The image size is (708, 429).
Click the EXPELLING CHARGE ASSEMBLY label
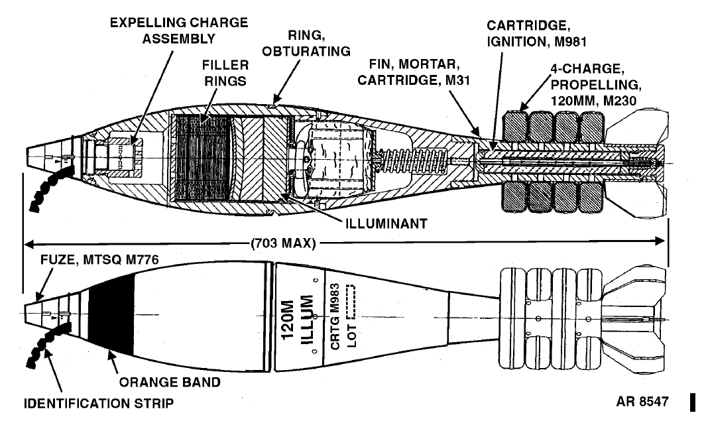179,31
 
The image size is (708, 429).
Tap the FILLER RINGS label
225,73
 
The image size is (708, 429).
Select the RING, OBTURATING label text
306,43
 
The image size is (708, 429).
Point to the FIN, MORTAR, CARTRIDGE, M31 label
414,72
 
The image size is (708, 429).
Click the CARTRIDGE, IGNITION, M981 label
536,33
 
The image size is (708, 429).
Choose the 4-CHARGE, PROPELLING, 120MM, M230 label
595,84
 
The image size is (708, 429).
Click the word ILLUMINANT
386,223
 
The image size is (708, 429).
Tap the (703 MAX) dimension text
282,243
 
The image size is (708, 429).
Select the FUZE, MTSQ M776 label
99,260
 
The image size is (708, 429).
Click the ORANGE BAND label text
170,382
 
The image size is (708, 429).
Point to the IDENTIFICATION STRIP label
98,402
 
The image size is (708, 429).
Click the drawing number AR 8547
642,401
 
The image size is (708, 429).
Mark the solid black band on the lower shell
111,314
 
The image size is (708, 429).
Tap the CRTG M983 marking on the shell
335,316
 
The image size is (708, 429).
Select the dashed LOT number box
351,300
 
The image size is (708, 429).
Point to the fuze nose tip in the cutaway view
27,156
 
